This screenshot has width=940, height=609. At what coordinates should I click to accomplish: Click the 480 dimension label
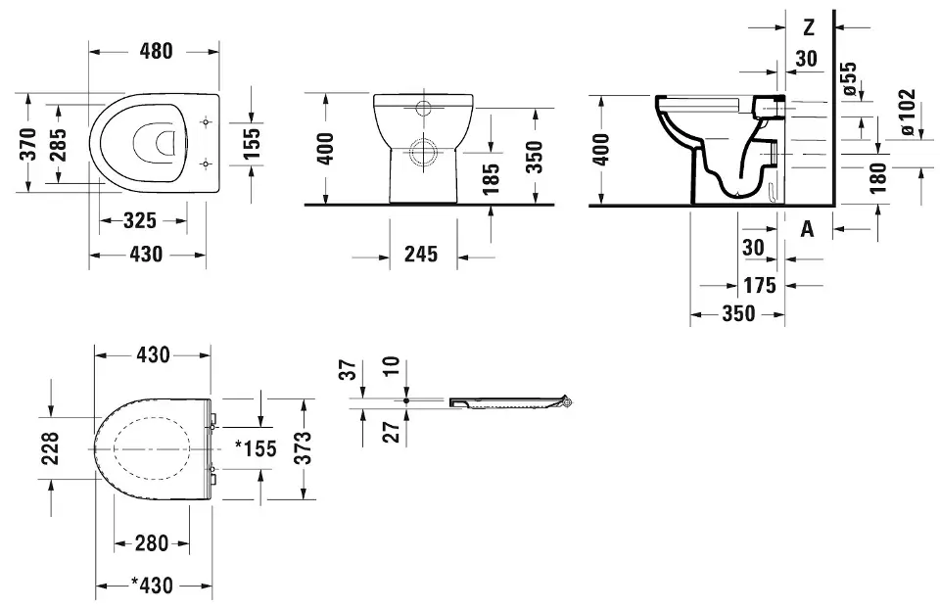pos(157,51)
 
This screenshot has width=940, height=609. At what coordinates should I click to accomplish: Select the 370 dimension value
pos(28,144)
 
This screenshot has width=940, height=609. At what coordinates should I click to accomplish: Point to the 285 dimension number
pos(58,145)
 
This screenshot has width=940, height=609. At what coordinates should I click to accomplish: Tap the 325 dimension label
pos(140,220)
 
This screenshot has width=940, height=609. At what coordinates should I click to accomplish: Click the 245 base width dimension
pos(421,254)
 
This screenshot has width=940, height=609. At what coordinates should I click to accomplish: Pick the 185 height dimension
pos(491,178)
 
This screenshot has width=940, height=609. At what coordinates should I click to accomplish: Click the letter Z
pos(809,27)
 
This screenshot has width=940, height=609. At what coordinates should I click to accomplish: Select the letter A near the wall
pos(808,228)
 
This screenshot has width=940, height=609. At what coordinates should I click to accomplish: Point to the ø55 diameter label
pos(849,78)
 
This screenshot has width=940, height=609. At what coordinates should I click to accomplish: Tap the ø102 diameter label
pos(908,112)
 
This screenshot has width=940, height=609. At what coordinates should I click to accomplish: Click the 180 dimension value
pos(878,177)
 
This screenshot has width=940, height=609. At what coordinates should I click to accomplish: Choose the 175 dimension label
pos(760,285)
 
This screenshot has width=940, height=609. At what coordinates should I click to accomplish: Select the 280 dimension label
pos(151,543)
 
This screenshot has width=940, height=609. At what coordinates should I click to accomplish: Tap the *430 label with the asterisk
pos(153,585)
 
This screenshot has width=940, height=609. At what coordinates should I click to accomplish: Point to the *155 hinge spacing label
pos(256,447)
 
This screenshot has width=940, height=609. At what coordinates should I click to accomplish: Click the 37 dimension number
pos(349,369)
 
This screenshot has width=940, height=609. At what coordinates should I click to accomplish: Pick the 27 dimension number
pos(391,432)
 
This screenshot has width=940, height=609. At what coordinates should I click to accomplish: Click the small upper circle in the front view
pos(424,109)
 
